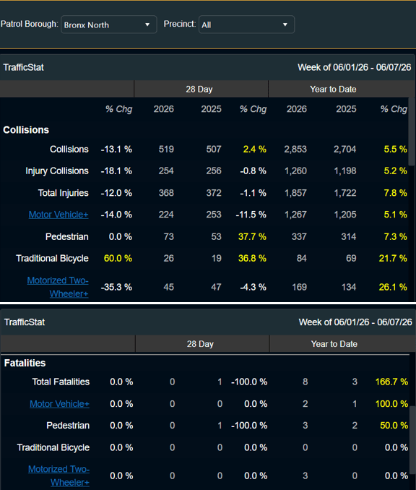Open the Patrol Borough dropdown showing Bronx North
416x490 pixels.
[108, 25]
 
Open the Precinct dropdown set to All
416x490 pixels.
[246, 25]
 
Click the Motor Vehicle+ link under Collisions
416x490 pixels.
[58, 215]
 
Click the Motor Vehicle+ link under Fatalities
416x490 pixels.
[59, 404]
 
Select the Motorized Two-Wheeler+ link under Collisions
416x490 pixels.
[58, 287]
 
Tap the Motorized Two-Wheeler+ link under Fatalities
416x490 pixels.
[58, 476]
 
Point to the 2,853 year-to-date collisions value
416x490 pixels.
[295, 150]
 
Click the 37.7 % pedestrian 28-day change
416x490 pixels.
[252, 236]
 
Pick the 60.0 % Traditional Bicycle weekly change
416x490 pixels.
[118, 259]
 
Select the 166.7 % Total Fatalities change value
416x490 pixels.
[391, 382]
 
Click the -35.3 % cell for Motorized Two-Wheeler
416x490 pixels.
[116, 287]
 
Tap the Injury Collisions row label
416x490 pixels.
[57, 171]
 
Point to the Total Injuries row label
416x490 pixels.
[63, 193]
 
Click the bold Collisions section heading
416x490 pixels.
[26, 130]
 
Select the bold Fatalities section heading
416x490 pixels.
[25, 363]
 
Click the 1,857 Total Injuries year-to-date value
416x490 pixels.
[295, 193]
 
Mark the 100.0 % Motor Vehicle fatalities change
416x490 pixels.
[391, 404]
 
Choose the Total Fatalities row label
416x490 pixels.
[61, 382]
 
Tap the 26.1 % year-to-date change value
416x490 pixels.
[393, 287]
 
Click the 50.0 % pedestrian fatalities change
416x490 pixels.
[394, 426]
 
